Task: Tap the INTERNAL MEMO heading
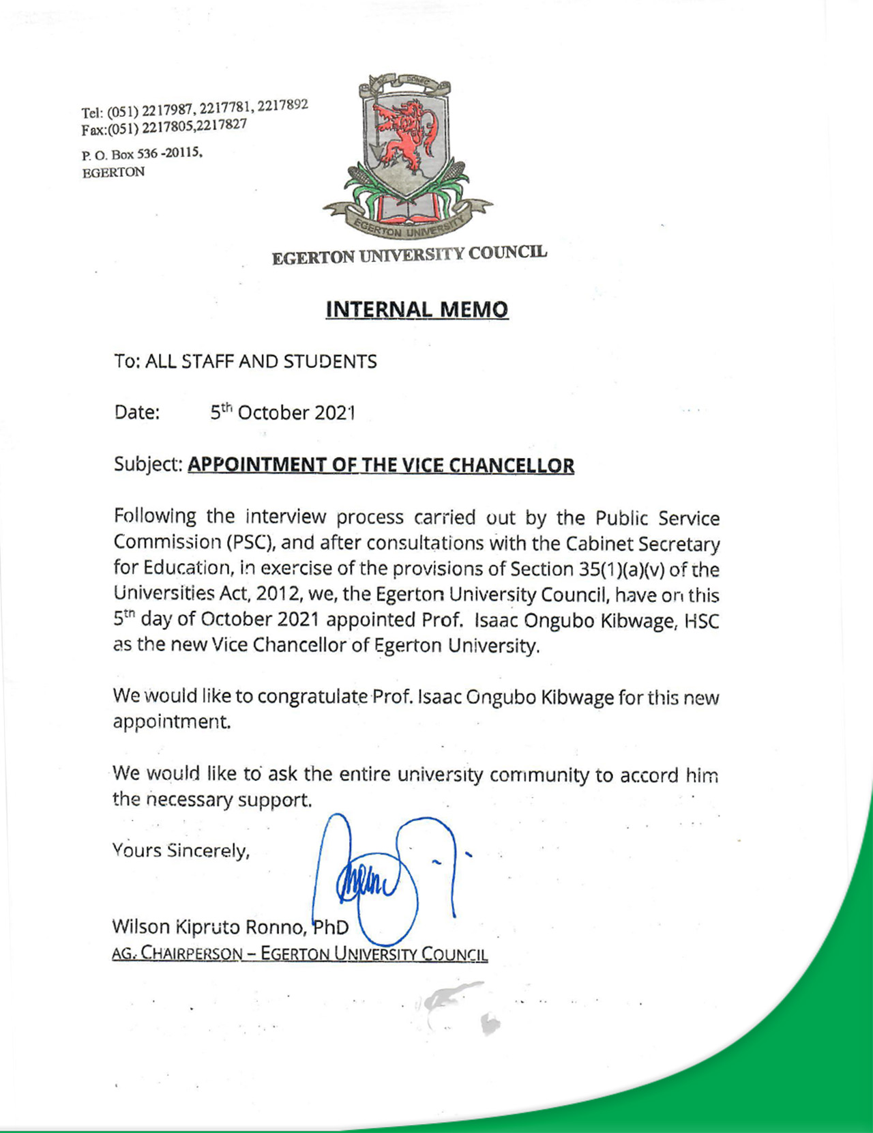tap(417, 309)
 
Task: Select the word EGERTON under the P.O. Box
tap(113, 173)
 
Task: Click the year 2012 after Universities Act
tap(278, 594)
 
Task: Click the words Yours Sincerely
tap(181, 850)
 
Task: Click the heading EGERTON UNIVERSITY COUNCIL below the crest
tap(409, 255)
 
